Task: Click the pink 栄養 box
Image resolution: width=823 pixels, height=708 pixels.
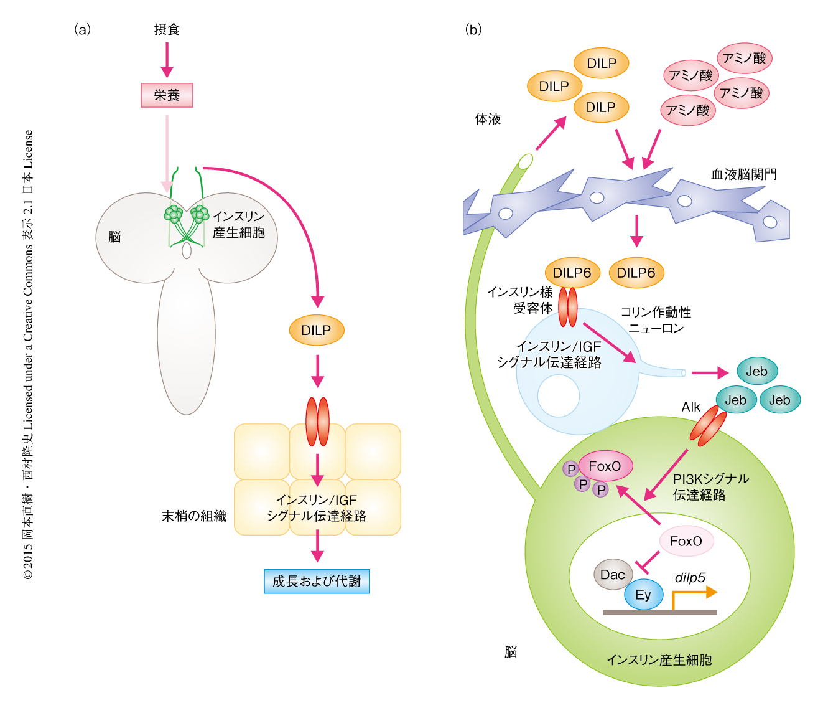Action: pyautogui.click(x=167, y=95)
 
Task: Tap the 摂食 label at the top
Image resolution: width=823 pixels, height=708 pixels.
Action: pyautogui.click(x=167, y=29)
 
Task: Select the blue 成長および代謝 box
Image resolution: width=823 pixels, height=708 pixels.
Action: pyautogui.click(x=317, y=581)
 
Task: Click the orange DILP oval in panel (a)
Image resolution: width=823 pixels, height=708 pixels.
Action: pyautogui.click(x=317, y=331)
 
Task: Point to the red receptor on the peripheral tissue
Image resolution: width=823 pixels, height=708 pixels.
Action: pyautogui.click(x=317, y=422)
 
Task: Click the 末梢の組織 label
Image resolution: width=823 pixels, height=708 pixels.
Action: pyautogui.click(x=193, y=516)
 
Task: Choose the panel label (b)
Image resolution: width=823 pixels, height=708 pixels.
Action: pyautogui.click(x=473, y=29)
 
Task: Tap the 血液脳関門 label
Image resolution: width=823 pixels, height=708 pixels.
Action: pyautogui.click(x=743, y=174)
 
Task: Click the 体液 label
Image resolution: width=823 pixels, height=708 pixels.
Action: pyautogui.click(x=488, y=119)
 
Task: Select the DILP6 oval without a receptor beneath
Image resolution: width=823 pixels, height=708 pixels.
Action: pyautogui.click(x=636, y=273)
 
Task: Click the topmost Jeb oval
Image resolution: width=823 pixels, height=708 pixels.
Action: pyautogui.click(x=756, y=372)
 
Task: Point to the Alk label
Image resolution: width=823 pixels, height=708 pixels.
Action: pyautogui.click(x=690, y=407)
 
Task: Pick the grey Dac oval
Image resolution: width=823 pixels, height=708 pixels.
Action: pyautogui.click(x=613, y=575)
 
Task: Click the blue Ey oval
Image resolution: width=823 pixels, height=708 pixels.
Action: pyautogui.click(x=643, y=595)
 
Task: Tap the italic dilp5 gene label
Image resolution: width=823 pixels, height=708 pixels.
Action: pyautogui.click(x=690, y=578)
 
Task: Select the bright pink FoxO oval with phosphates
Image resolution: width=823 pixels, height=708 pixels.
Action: pyautogui.click(x=605, y=466)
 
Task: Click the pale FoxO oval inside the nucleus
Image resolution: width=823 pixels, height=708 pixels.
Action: pyautogui.click(x=686, y=541)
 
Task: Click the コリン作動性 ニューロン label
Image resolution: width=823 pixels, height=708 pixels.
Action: pyautogui.click(x=656, y=320)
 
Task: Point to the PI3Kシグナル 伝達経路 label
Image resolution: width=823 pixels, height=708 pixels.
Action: pyautogui.click(x=710, y=487)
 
